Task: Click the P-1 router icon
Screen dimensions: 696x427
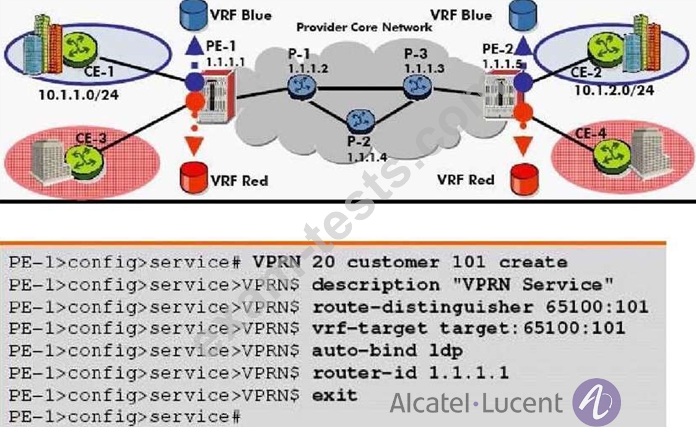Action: point(302,87)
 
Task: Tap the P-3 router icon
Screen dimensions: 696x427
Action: point(417,86)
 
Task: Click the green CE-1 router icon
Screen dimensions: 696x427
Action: point(80,48)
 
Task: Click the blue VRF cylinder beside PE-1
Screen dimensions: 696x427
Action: point(194,16)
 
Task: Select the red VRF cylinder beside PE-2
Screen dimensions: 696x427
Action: point(524,179)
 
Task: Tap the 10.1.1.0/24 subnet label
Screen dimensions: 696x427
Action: point(79,95)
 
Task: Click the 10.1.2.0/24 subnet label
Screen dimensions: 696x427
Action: point(614,90)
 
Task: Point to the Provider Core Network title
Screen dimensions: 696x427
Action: point(364,27)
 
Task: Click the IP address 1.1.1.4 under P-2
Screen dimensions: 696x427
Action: point(367,157)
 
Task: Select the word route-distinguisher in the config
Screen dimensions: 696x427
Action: point(422,307)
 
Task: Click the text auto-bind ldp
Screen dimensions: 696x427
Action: point(388,351)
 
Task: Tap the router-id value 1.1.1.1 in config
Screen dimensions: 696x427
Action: point(468,373)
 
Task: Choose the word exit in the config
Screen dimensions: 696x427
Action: point(334,395)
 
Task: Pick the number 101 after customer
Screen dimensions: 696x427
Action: point(469,262)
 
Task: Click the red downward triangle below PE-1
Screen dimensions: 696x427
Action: point(194,146)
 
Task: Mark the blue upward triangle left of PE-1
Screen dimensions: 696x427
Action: point(194,46)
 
